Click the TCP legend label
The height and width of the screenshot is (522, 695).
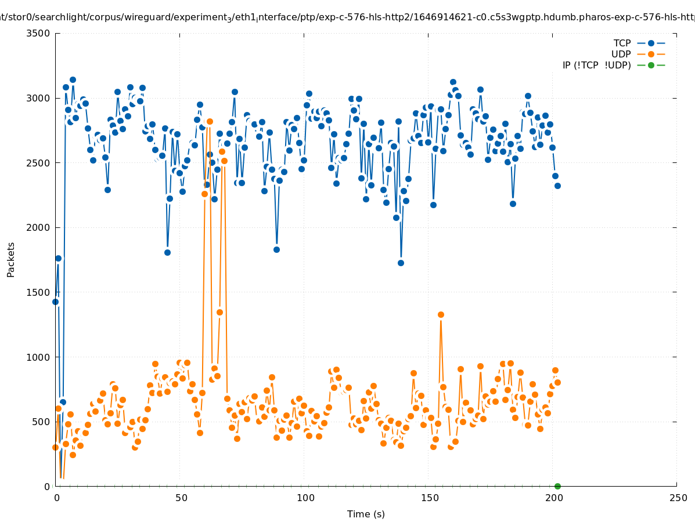point(622,43)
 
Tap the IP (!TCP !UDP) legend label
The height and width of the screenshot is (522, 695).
point(596,66)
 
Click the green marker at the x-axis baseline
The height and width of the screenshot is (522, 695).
point(557,486)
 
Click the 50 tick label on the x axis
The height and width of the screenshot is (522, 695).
point(181,498)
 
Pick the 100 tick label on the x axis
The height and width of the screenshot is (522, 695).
point(305,498)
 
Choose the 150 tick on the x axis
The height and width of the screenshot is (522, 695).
point(430,498)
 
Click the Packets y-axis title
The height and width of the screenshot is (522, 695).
point(11,259)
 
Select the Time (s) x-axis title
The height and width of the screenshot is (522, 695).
point(366,514)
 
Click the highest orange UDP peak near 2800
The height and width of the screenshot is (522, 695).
point(210,121)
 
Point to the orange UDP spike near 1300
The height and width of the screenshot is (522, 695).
point(441,314)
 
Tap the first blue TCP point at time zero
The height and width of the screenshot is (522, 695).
point(56,302)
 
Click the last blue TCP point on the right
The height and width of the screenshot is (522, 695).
point(557,186)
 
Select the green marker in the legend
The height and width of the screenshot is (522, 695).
point(651,66)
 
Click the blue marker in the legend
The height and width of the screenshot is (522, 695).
point(651,43)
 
